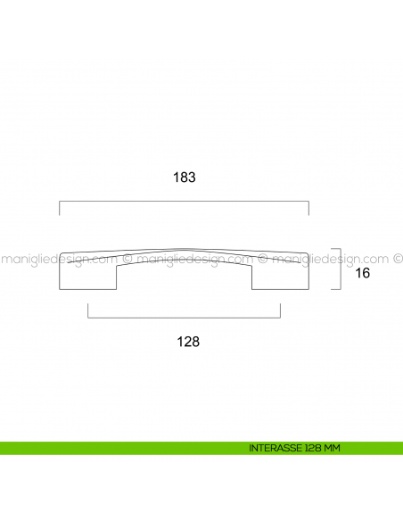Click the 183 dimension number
[185, 178]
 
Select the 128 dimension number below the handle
[186, 342]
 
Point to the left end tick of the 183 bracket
[60, 209]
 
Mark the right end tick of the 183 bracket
[308, 209]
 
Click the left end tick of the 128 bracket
[88, 311]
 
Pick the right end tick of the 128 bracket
[281, 311]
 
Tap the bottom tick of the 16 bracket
[337, 288]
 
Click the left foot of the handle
[88, 277]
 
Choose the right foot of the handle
[280, 277]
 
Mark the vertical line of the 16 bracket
[342, 269]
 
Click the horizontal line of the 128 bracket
[185, 317]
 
